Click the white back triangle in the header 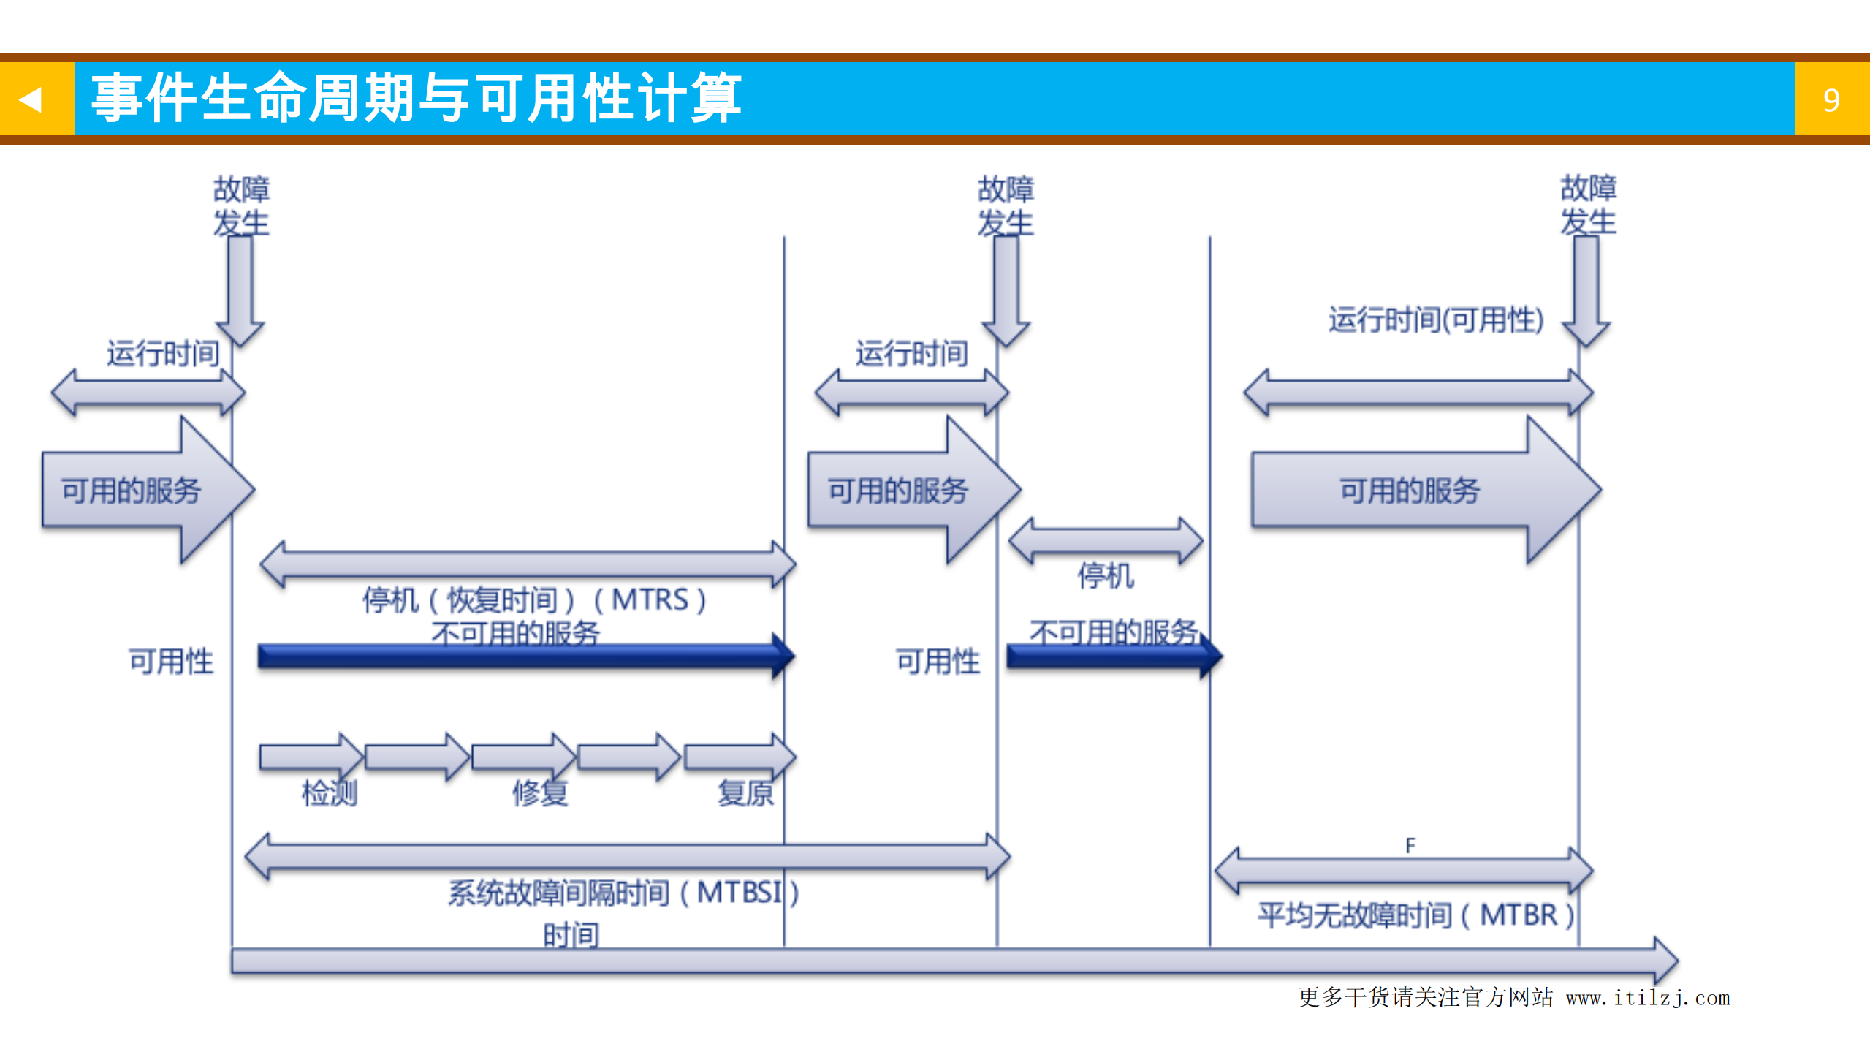click(31, 99)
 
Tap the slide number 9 click(1831, 100)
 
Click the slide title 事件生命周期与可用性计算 click(417, 97)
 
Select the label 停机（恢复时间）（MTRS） click(534, 599)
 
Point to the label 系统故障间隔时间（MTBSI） click(623, 892)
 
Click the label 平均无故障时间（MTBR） click(1415, 915)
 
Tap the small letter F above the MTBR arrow click(1410, 845)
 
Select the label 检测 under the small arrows click(330, 792)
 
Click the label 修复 click(540, 792)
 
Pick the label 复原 click(745, 792)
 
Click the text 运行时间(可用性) click(1435, 319)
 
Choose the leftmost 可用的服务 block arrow click(139, 490)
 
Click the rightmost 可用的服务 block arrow click(1418, 490)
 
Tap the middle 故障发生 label click(1006, 205)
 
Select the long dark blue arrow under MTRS click(522, 656)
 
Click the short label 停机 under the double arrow click(1105, 575)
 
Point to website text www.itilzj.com click(1648, 998)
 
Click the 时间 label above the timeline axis click(571, 934)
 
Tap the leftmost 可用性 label click(171, 661)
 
